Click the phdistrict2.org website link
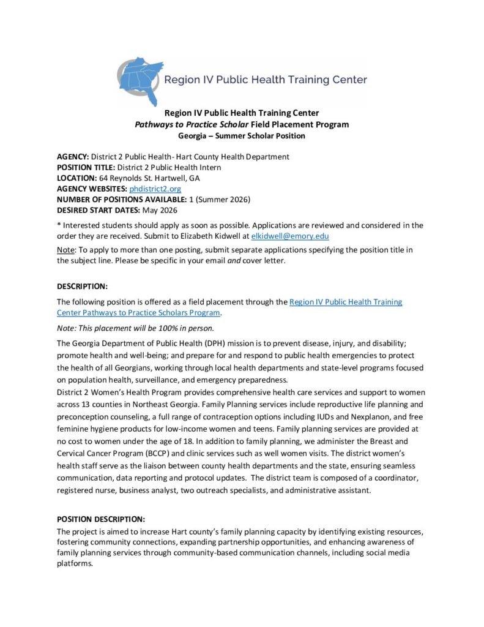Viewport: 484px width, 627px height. pos(155,189)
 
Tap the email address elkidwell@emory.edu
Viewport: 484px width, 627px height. pos(290,236)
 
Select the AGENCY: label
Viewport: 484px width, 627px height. pos(73,157)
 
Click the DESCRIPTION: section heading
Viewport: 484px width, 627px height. pos(82,286)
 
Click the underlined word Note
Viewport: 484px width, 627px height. pos(65,250)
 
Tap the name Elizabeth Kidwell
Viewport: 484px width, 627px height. pos(217,236)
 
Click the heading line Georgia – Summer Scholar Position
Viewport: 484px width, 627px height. pos(241,135)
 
